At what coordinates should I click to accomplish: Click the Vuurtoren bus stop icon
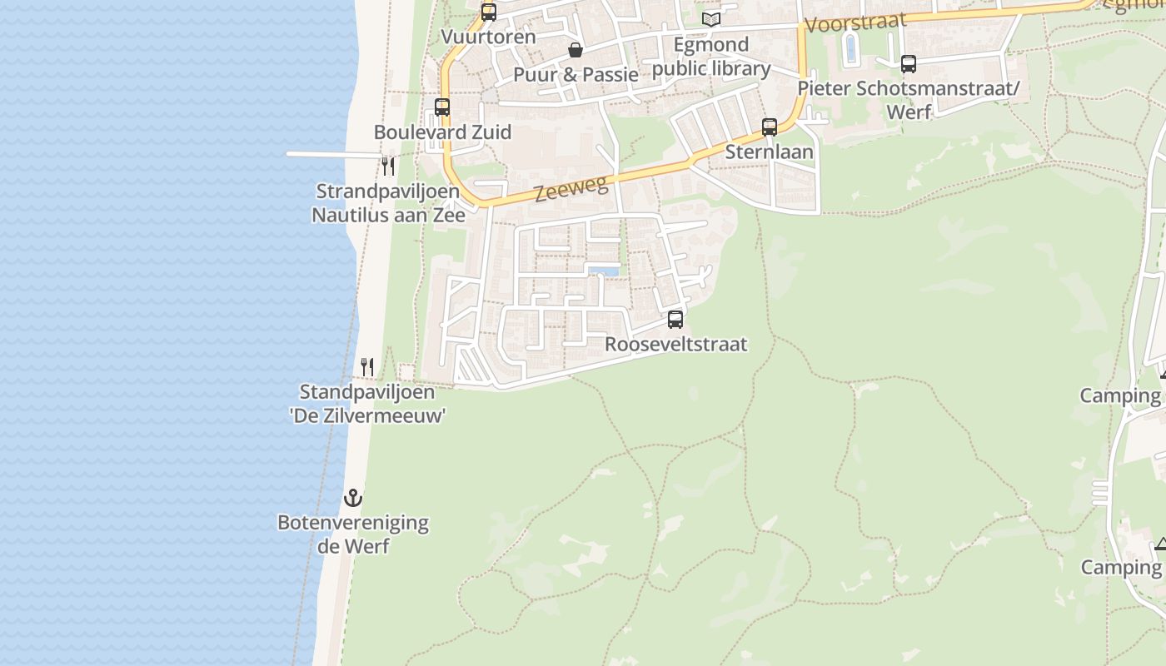[x=489, y=12]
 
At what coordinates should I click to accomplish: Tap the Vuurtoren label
[x=488, y=37]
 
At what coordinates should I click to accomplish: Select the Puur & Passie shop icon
[x=575, y=51]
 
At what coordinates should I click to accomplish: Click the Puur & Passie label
[x=576, y=74]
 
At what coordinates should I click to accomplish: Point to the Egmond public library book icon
[x=710, y=19]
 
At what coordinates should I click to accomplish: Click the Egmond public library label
[x=711, y=56]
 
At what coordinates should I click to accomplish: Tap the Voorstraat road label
[x=855, y=22]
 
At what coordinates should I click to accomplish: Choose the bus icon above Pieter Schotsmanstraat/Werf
[x=909, y=63]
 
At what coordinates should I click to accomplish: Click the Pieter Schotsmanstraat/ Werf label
[x=908, y=99]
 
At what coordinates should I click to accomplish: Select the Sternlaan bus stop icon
[x=770, y=127]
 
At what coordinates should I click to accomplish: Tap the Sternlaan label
[x=769, y=152]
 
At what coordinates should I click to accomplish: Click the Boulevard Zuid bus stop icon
[x=442, y=107]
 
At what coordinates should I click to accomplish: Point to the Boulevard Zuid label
[x=442, y=132]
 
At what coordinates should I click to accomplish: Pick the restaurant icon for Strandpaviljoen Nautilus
[x=388, y=166]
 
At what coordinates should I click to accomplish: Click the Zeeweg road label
[x=571, y=189]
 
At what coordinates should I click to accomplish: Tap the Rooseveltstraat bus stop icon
[x=675, y=319]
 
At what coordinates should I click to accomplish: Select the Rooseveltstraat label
[x=675, y=344]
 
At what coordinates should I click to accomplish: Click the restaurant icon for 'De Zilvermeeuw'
[x=366, y=366]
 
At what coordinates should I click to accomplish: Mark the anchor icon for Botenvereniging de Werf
[x=353, y=498]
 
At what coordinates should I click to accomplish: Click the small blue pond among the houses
[x=603, y=271]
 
